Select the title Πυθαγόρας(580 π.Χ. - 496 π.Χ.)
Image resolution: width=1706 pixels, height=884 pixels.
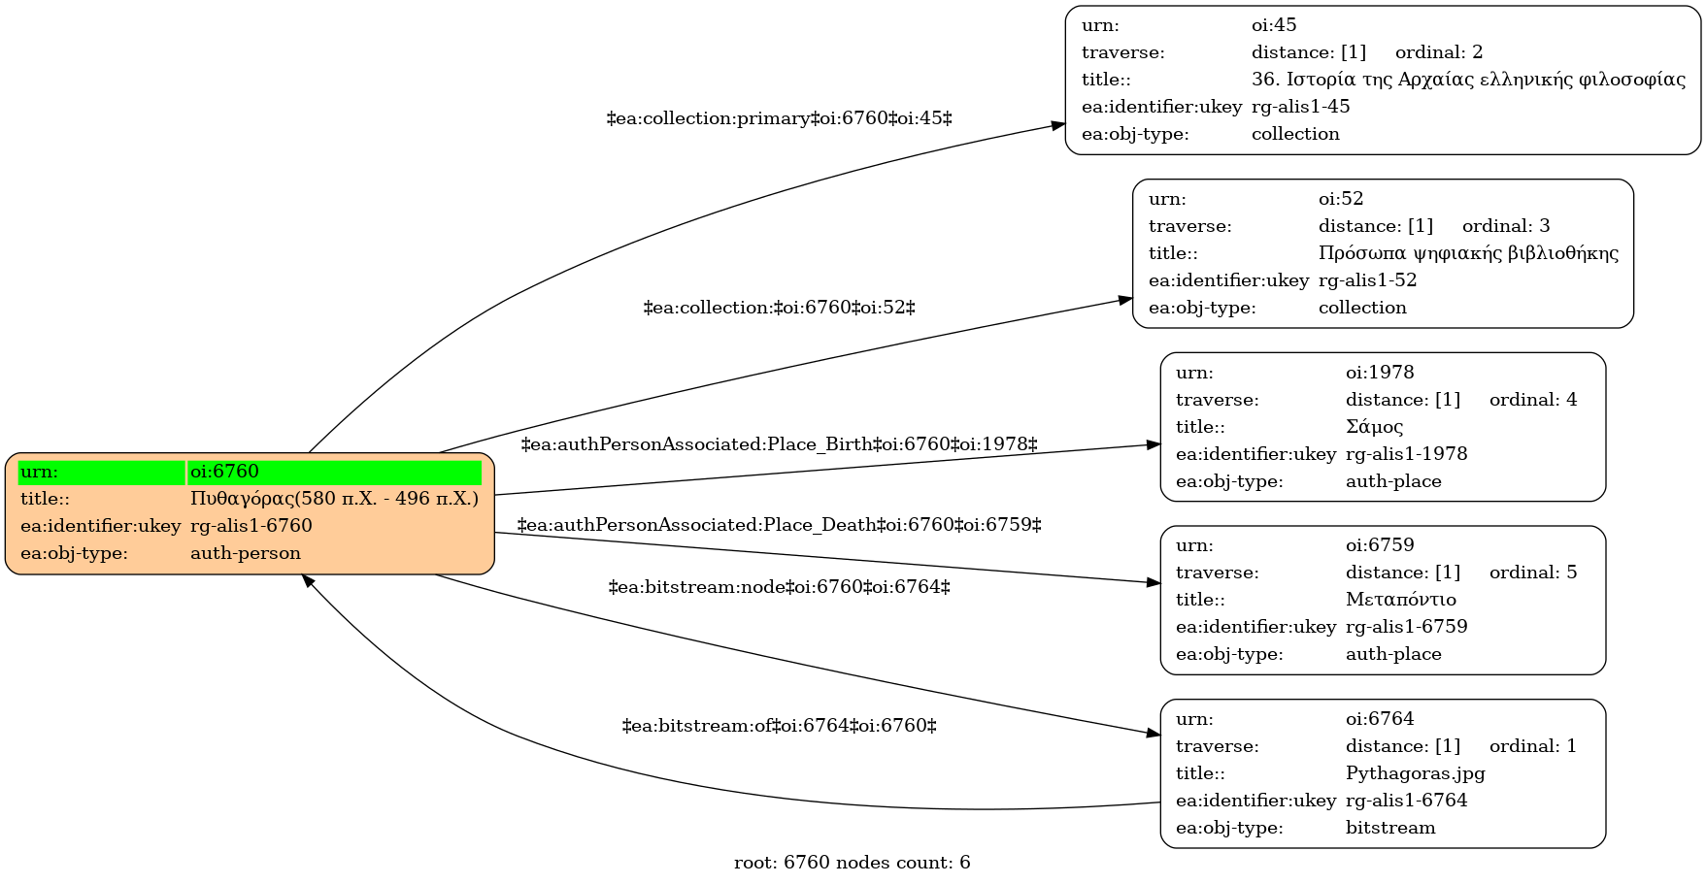(334, 499)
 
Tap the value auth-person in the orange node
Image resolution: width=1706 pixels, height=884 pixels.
(246, 553)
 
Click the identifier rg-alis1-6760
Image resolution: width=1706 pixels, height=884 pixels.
(251, 526)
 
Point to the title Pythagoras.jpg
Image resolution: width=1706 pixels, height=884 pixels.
(1416, 773)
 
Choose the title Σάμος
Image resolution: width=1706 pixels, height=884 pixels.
(1374, 427)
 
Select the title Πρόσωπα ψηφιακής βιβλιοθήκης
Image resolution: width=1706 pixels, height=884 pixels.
(1468, 253)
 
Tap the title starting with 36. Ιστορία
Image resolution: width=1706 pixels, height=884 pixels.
(1468, 80)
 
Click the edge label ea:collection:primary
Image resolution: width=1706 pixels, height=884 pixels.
(779, 118)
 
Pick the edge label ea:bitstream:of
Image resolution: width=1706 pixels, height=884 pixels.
(779, 726)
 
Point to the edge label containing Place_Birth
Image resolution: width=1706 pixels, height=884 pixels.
(779, 444)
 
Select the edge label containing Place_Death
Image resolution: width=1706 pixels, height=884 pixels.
(779, 525)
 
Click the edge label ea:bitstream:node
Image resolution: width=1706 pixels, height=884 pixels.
(779, 587)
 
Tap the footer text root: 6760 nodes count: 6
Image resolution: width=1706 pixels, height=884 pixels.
(853, 863)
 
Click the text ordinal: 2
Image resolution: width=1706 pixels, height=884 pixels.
(1439, 52)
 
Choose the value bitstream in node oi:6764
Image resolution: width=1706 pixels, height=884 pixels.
(1390, 828)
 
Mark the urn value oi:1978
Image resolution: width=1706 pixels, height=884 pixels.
(1380, 373)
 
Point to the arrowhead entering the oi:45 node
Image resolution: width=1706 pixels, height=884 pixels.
(1057, 126)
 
